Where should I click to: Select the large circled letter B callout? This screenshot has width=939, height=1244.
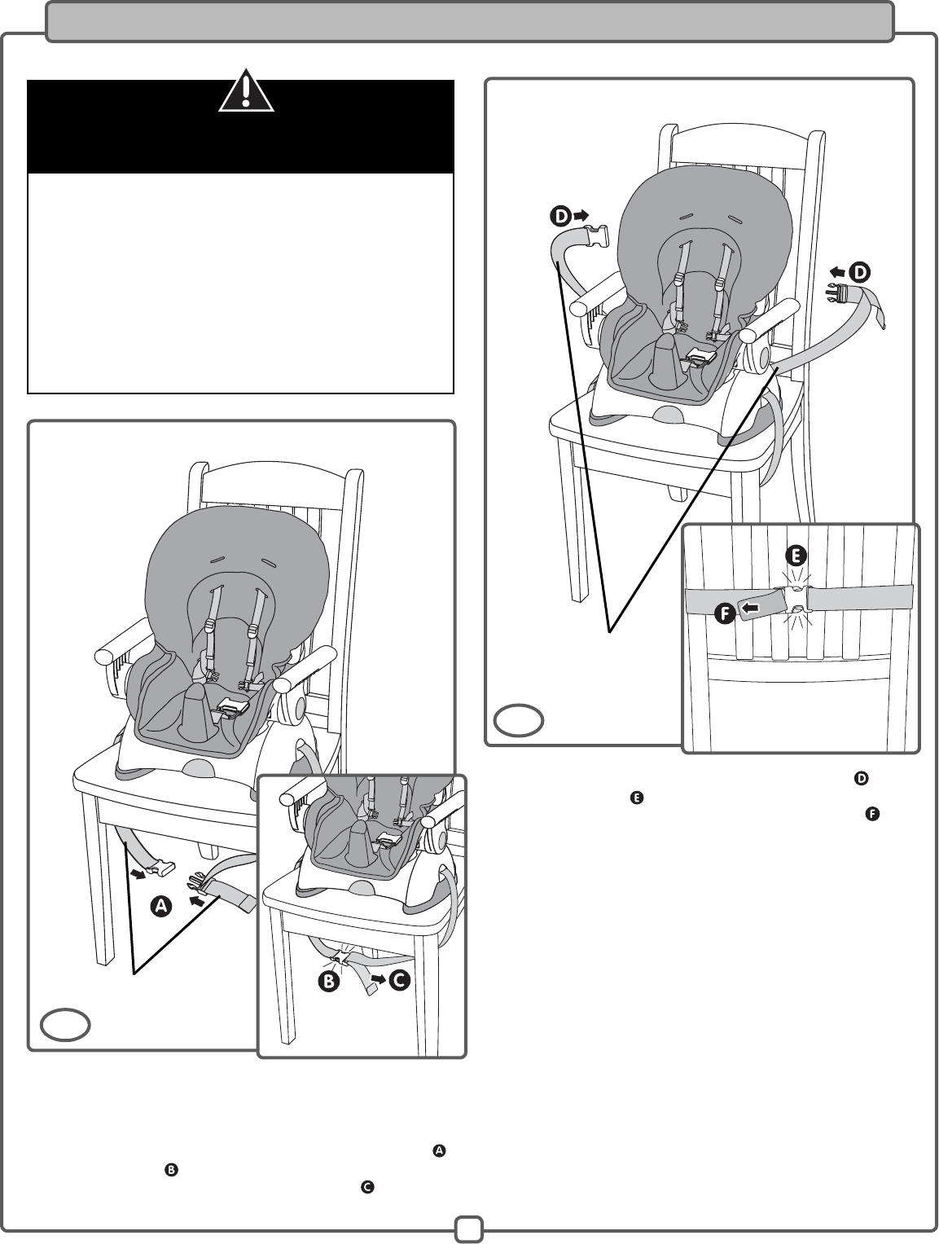point(328,982)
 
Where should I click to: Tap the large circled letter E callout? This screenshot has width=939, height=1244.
point(796,556)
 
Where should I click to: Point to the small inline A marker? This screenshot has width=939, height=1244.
point(439,1150)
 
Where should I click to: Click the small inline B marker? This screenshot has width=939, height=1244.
point(172,1170)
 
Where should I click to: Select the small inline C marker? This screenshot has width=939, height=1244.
point(366,1188)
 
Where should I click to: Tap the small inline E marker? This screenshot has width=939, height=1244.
point(637,798)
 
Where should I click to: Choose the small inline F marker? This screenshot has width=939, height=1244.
point(871,815)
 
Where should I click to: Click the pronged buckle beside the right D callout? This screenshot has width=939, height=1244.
point(836,294)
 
